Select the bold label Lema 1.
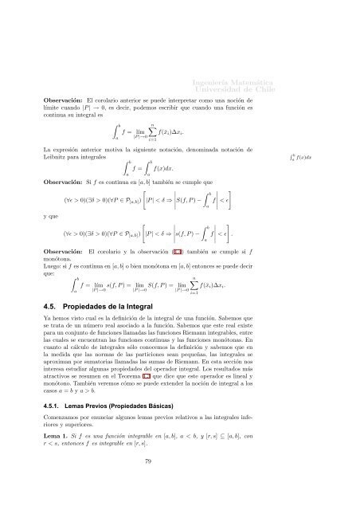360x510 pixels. pyautogui.click(x=57, y=449)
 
